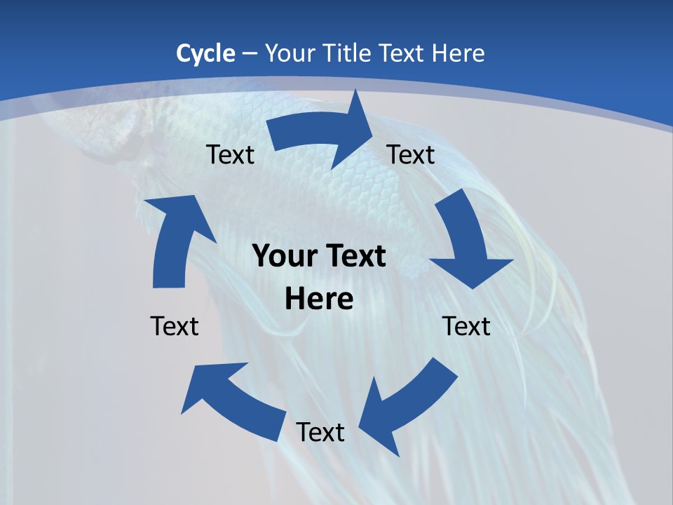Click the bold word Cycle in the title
click(x=205, y=53)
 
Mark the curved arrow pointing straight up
click(x=175, y=238)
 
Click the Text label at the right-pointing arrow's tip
click(x=411, y=154)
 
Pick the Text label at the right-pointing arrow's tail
click(x=230, y=154)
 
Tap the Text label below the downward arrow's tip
click(x=467, y=326)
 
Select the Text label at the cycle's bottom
click(x=320, y=432)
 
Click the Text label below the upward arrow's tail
click(x=175, y=326)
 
